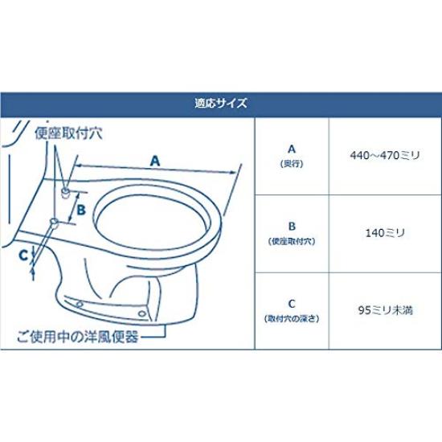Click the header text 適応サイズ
[x=220, y=103]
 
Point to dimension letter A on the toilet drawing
[x=155, y=161]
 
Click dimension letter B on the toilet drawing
[x=80, y=211]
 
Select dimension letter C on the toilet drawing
[x=23, y=254]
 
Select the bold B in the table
[x=292, y=227]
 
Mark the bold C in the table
[x=292, y=304]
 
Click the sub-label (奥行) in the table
[x=292, y=163]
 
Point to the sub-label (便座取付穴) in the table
[x=292, y=241]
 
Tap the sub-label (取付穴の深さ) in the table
[x=292, y=318]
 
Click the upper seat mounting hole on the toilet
[x=63, y=192]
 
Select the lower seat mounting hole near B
[x=54, y=221]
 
